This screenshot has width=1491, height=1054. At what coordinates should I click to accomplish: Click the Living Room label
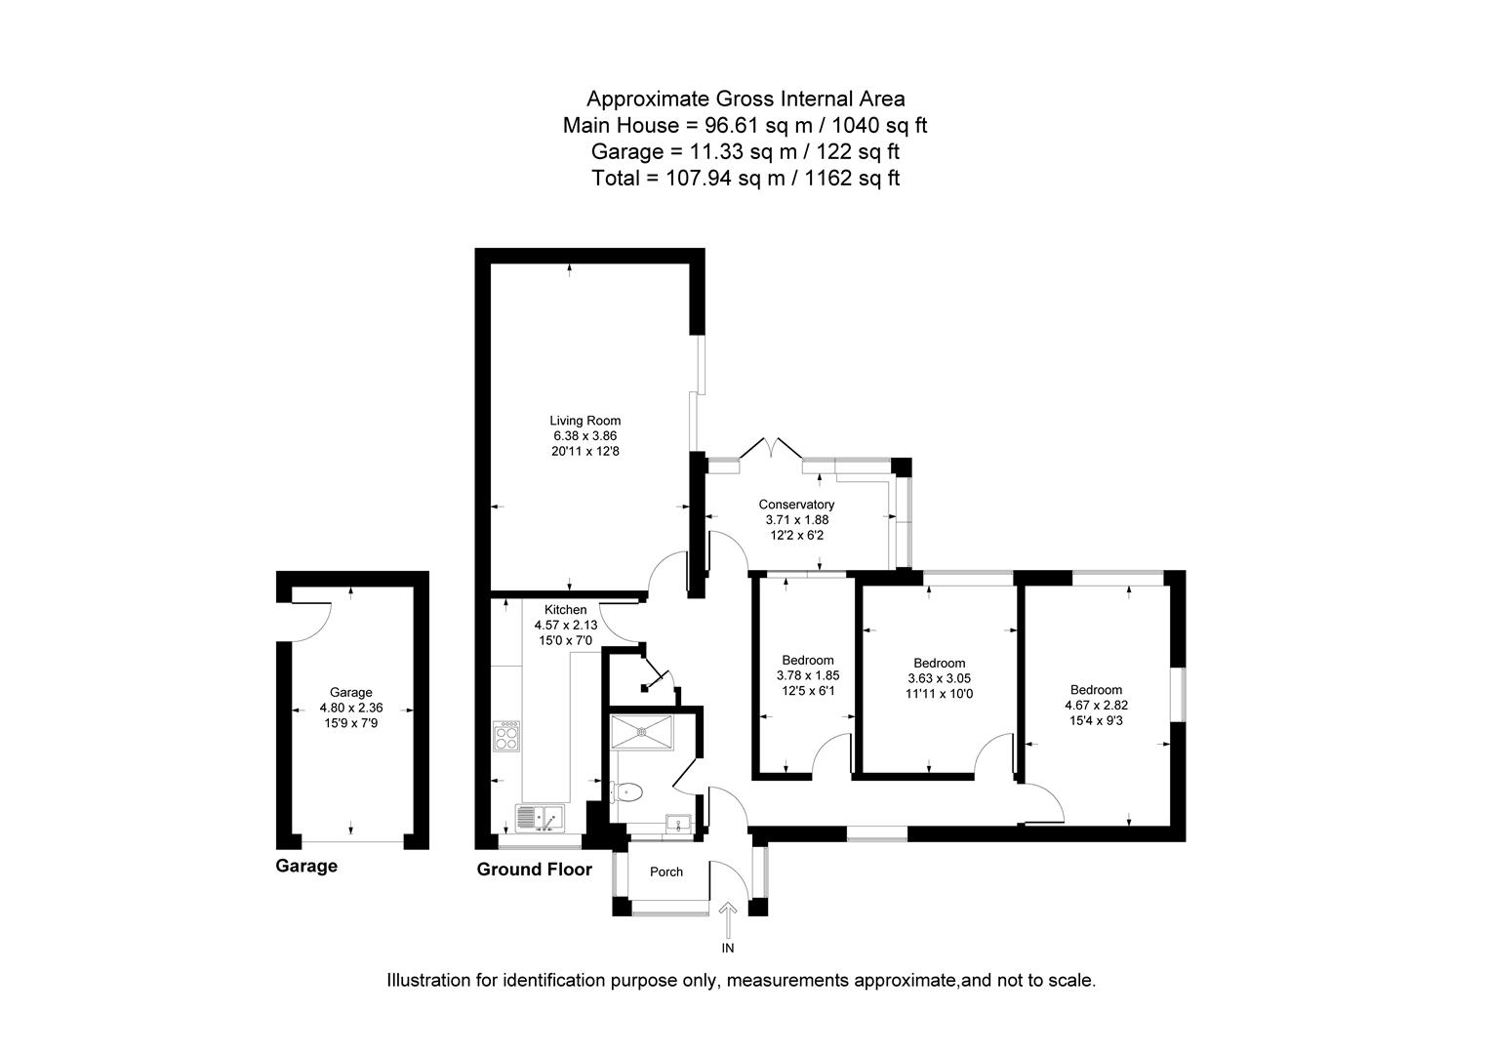(584, 421)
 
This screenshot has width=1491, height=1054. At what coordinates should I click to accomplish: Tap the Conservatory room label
(796, 505)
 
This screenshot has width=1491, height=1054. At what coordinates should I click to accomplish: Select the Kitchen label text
(565, 610)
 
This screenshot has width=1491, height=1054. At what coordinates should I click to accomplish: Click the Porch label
(666, 872)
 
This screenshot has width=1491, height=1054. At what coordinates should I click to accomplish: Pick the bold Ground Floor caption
(534, 870)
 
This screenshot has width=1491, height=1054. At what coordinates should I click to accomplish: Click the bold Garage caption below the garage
(306, 866)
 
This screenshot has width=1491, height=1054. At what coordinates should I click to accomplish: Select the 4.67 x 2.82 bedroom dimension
(1096, 705)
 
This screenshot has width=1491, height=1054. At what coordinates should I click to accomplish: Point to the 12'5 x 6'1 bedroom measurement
(807, 690)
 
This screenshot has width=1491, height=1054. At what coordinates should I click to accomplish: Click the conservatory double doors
(772, 450)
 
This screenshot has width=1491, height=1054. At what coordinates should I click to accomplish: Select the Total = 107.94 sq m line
(745, 178)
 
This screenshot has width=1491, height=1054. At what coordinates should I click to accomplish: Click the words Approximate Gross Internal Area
(745, 99)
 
